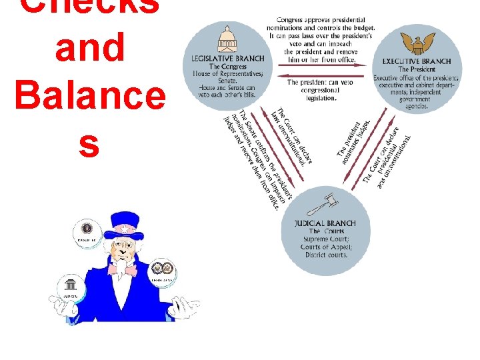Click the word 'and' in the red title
click(x=91, y=49)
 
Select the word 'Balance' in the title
click(x=90, y=97)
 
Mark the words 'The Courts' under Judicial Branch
click(x=325, y=231)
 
